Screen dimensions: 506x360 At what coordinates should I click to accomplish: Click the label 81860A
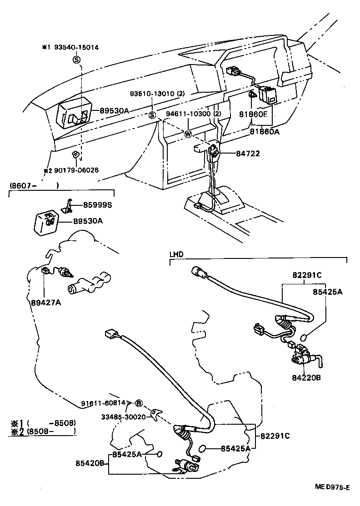tap(264, 132)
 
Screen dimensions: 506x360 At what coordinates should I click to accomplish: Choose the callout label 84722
tap(248, 154)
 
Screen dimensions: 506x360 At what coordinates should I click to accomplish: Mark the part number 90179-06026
tap(74, 170)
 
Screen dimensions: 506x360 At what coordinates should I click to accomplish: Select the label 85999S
tap(97, 205)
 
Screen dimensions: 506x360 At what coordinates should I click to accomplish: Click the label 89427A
tap(45, 302)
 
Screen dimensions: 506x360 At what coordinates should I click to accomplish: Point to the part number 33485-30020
tap(123, 417)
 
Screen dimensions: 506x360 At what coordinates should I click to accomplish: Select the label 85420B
tap(90, 463)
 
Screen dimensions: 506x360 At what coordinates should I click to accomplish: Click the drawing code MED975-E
tap(333, 487)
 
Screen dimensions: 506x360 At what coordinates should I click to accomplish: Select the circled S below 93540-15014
tap(76, 60)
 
